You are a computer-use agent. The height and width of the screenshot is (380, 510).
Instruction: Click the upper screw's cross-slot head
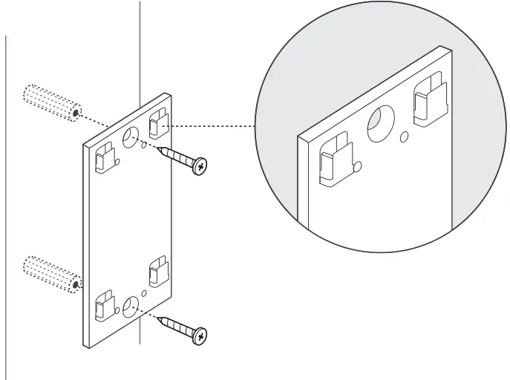click(199, 167)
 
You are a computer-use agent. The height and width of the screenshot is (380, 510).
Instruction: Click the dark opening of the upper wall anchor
click(76, 112)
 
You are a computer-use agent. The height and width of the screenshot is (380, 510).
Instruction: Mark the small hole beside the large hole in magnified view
click(405, 137)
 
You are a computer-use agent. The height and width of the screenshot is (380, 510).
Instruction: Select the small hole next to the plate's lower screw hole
click(144, 292)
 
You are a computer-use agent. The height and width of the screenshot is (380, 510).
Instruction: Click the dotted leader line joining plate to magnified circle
click(215, 125)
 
